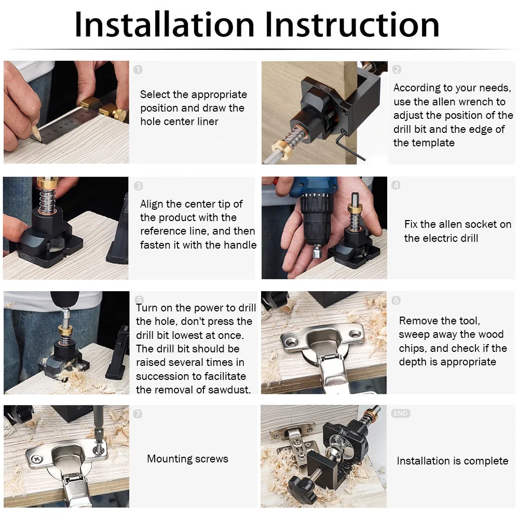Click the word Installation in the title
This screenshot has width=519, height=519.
click(165, 24)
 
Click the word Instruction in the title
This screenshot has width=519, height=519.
click(352, 24)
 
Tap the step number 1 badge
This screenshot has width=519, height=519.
click(138, 70)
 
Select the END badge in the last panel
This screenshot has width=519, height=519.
click(401, 414)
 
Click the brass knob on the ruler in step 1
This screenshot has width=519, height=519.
click(119, 114)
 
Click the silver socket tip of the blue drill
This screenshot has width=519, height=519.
click(317, 252)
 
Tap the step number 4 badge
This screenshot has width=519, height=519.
click(396, 185)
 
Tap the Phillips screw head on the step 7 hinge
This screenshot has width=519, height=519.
click(37, 459)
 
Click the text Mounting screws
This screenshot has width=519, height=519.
click(188, 459)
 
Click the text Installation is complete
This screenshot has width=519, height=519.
click(453, 461)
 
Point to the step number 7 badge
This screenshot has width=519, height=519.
click(138, 414)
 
